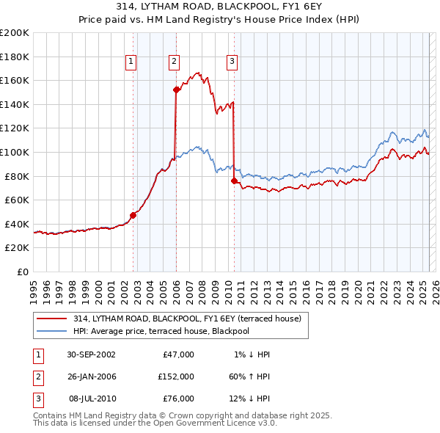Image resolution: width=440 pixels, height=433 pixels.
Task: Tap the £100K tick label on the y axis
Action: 15,152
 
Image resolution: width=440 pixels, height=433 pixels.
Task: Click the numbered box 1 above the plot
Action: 131,62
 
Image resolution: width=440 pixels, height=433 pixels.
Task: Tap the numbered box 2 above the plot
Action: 175,62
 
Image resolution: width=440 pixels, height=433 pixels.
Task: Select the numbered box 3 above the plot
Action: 232,62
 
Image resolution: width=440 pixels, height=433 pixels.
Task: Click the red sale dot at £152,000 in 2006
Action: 177,90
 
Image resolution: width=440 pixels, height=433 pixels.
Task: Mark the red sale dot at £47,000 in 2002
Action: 133,215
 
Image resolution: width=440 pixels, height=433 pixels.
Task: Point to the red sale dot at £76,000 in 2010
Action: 234,181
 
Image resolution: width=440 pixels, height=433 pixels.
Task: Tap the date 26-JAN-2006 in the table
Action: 91,376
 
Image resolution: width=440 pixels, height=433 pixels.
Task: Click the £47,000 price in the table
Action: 176,354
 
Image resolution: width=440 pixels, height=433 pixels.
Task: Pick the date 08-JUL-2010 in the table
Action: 91,399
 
